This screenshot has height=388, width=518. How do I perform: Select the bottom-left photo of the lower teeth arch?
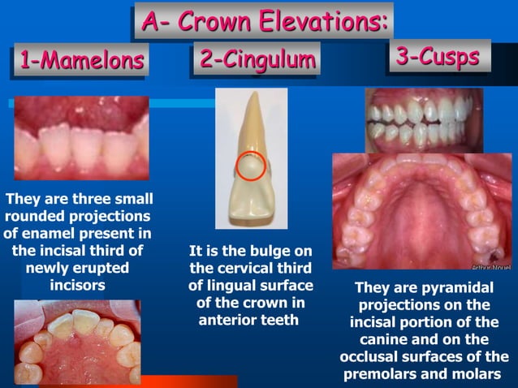pos(77,341)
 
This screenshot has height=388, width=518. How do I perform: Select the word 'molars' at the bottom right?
pos(477,374)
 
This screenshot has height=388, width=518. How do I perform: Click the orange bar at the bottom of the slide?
pos(195,382)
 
